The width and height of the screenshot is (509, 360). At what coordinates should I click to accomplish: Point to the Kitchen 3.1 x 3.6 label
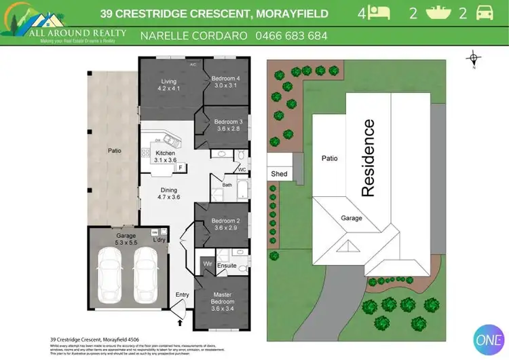(x=165, y=156)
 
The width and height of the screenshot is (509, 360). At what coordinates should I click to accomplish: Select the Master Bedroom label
(x=223, y=298)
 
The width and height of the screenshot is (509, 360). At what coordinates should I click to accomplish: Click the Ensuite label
(x=227, y=266)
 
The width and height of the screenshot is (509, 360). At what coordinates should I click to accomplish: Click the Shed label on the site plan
(x=279, y=174)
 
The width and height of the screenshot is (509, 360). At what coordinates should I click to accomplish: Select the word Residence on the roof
(x=369, y=158)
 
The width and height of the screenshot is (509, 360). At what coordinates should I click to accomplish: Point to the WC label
(x=242, y=170)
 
